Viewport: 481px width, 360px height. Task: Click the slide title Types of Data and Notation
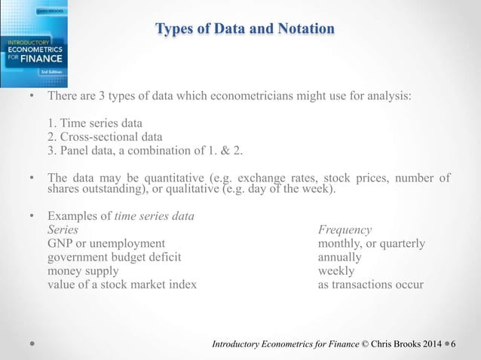point(245,29)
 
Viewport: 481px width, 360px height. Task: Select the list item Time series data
point(99,124)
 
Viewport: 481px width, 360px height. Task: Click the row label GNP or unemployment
point(106,243)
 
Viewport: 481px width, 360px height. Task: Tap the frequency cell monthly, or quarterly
point(372,243)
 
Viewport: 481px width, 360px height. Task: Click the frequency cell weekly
point(336,270)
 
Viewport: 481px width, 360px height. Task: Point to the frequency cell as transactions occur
point(370,284)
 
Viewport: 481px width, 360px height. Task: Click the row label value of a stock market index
point(122,284)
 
